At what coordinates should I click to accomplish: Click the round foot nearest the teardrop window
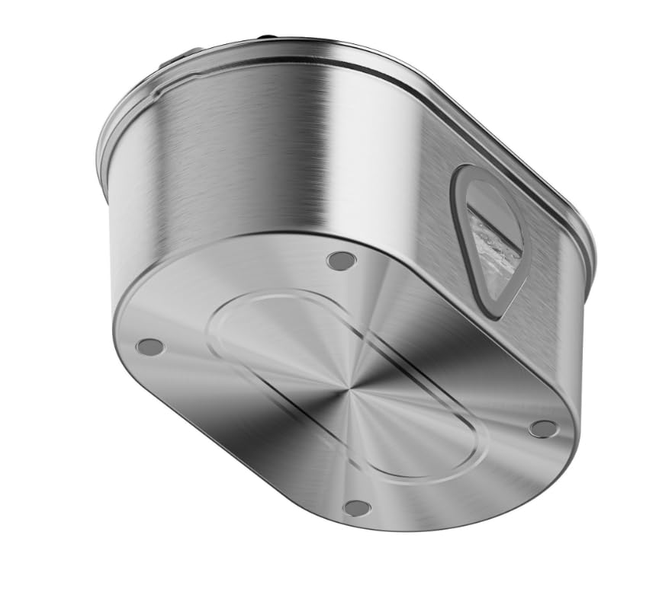[341, 261]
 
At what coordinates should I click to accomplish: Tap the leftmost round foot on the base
[149, 347]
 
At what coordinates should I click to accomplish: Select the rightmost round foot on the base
[543, 429]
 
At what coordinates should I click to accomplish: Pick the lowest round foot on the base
[356, 507]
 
